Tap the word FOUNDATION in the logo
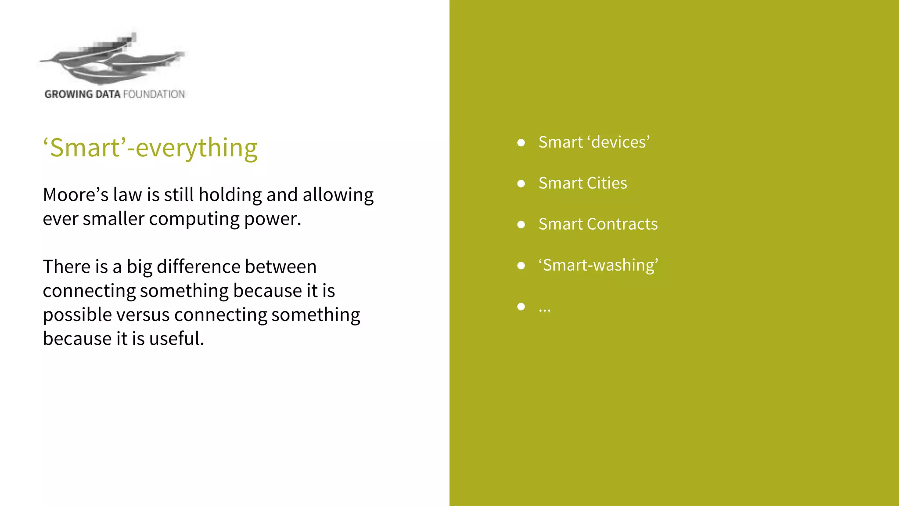pyautogui.click(x=154, y=94)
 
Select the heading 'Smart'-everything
pyautogui.click(x=150, y=148)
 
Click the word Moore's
pyautogui.click(x=76, y=195)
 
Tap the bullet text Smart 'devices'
pyautogui.click(x=594, y=142)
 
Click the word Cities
pyautogui.click(x=607, y=183)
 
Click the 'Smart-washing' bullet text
pyautogui.click(x=598, y=265)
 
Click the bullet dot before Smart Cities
pyautogui.click(x=521, y=184)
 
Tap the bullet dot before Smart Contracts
pyautogui.click(x=521, y=224)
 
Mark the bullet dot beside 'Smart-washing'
pyautogui.click(x=521, y=265)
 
